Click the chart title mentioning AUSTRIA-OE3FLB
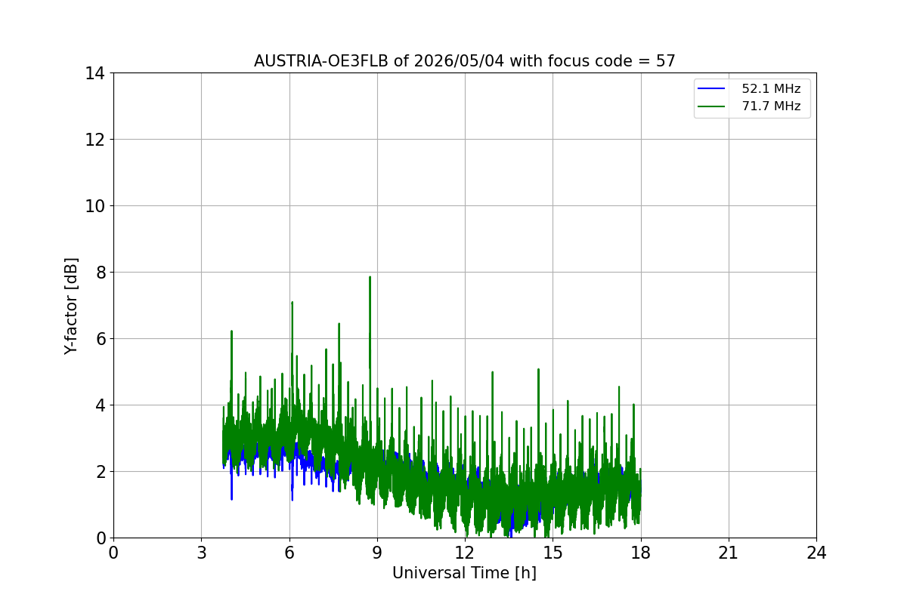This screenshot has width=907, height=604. click(464, 61)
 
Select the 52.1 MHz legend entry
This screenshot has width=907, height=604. click(749, 88)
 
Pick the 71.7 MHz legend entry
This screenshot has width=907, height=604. click(749, 106)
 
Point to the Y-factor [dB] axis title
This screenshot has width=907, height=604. click(70, 306)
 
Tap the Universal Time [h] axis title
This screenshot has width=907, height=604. click(464, 573)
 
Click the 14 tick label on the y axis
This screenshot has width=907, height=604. click(94, 74)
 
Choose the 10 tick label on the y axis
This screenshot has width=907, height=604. click(94, 206)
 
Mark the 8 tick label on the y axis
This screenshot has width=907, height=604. click(101, 273)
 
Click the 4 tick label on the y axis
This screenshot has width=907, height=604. click(101, 405)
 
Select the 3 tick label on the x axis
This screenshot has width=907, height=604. click(202, 553)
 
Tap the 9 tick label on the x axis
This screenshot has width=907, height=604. click(377, 553)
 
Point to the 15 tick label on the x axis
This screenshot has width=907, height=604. click(553, 553)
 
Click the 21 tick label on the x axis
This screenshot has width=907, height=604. click(729, 553)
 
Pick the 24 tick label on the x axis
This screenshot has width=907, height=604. click(817, 553)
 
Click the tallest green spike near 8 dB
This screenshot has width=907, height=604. click(370, 278)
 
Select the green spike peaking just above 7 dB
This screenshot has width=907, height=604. click(292, 303)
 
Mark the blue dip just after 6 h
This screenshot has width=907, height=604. click(292, 499)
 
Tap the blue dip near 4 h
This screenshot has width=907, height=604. click(231, 498)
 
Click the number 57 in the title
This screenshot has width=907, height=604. click(666, 61)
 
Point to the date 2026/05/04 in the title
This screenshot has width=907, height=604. click(460, 61)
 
